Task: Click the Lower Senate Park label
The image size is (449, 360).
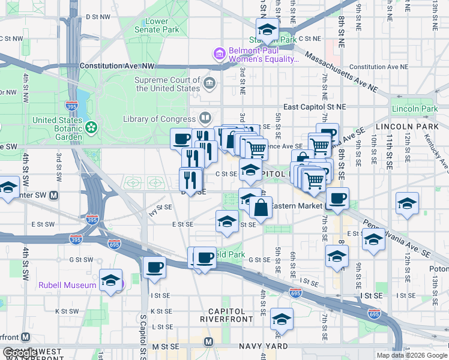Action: (157, 25)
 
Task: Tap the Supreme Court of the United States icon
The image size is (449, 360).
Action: (209, 83)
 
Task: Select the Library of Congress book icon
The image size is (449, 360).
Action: (205, 118)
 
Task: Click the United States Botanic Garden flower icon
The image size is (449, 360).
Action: (91, 127)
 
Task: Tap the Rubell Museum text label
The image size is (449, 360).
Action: (68, 285)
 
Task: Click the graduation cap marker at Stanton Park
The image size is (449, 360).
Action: (267, 30)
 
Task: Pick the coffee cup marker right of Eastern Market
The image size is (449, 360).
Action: (338, 198)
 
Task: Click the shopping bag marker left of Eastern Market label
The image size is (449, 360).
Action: (261, 209)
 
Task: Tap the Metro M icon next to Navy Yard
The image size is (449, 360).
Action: (208, 341)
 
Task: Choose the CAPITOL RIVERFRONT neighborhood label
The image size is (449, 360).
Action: (227, 316)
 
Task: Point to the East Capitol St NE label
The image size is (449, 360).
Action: (315, 107)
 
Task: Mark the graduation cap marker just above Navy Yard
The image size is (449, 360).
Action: (281, 319)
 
